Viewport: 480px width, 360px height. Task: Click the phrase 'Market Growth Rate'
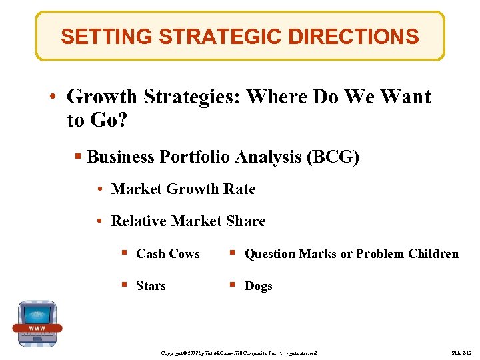coord(183,189)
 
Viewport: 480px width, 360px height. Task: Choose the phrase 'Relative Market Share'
coord(188,221)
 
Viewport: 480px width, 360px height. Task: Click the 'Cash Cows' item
coord(167,254)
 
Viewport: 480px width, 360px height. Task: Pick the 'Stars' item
coord(151,286)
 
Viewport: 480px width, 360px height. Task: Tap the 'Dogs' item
coord(258,286)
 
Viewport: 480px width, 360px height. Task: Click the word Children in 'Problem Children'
coord(433,254)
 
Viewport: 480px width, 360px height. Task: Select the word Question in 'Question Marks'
coord(270,254)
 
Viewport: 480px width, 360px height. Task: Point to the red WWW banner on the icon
coord(37,328)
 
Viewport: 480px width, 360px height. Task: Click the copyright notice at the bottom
coord(241,352)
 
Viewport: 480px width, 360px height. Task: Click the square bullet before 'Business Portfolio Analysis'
coord(78,157)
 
